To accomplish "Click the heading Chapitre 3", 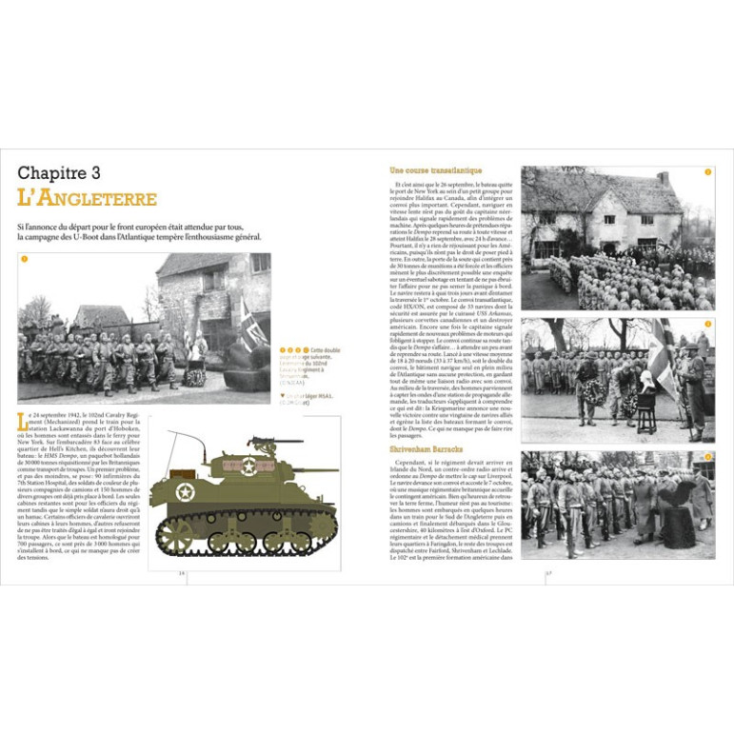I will pyautogui.click(x=72, y=173).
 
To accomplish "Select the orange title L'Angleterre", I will pyautogui.click(x=88, y=199).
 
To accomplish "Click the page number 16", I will pyautogui.click(x=182, y=572).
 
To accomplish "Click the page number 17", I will pyautogui.click(x=548, y=572).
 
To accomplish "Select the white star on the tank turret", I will pyautogui.click(x=248, y=466).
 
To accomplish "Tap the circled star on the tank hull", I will pyautogui.click(x=185, y=492).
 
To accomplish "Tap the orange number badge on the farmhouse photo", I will pyautogui.click(x=707, y=172).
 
